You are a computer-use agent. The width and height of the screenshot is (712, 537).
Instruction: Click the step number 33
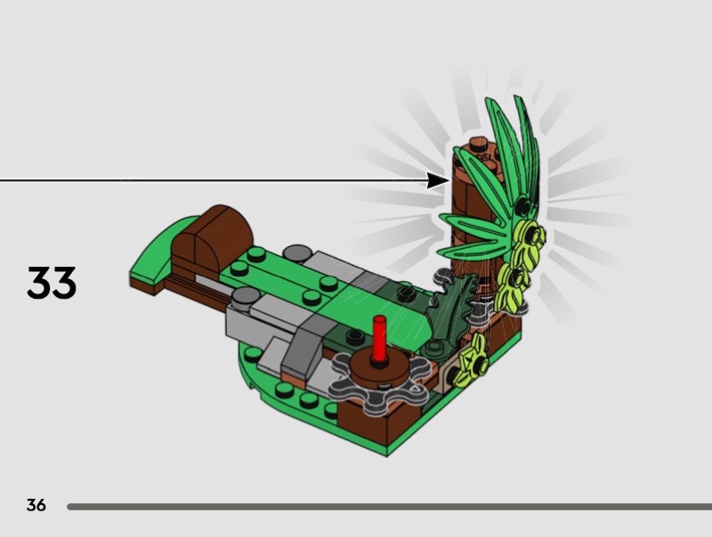click(x=52, y=283)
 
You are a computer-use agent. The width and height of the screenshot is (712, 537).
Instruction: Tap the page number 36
click(x=36, y=505)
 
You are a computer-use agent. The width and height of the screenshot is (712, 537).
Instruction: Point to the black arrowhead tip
click(x=449, y=180)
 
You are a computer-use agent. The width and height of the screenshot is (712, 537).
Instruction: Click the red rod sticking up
click(x=379, y=339)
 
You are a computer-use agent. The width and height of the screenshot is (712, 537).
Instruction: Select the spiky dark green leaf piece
click(x=449, y=313)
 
